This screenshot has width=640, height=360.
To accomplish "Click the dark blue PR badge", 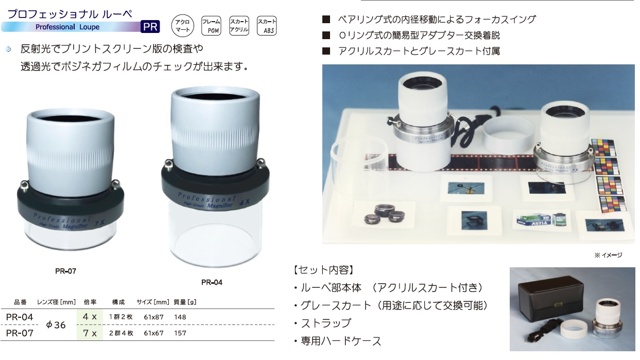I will coord(150,27).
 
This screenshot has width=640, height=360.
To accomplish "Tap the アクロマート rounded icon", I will coord(182,26).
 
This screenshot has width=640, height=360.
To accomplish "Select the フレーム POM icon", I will coord(211,26).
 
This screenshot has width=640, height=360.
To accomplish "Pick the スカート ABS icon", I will coord(266,26).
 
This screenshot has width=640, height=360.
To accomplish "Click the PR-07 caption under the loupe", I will coord(65,271).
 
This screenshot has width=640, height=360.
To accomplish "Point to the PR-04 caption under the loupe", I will coord(212,282).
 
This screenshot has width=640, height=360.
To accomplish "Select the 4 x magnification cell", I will coord(90,317).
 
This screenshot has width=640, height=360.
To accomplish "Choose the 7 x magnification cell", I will coord(90,333).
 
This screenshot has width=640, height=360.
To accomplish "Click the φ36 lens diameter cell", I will coord(56,325).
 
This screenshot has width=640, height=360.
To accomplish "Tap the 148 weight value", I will coord(180,317).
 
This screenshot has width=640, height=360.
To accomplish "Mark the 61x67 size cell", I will coord(153,333).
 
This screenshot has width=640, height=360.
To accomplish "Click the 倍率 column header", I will coord(90,302).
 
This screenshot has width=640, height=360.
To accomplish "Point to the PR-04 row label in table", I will coord(20,317).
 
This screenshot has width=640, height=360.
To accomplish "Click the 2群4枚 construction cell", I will coord(121,333).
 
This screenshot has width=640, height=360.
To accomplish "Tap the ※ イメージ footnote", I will coord(608,255).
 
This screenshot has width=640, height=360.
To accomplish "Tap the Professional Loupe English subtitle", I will coord(67,27).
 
